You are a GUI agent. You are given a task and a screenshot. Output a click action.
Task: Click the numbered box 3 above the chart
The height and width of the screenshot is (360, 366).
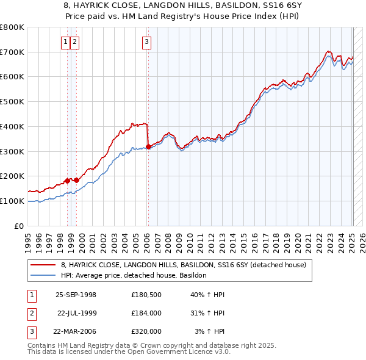tap(148, 42)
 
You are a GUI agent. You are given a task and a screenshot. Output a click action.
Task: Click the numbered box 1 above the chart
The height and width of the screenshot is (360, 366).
tap(65, 42)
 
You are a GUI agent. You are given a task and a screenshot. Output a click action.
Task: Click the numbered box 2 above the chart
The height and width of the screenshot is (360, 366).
tap(74, 42)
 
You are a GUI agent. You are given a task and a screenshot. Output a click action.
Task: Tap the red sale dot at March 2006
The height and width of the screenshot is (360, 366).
tap(148, 146)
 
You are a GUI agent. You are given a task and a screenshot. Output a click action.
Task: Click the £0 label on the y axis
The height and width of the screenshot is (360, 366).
tap(20, 226)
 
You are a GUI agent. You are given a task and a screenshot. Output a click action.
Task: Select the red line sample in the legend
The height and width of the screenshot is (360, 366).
tap(44, 265)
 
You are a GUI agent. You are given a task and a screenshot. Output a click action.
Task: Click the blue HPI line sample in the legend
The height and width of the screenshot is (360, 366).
tap(44, 275)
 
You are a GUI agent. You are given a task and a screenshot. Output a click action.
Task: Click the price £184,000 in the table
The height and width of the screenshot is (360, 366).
tap(146, 313)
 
